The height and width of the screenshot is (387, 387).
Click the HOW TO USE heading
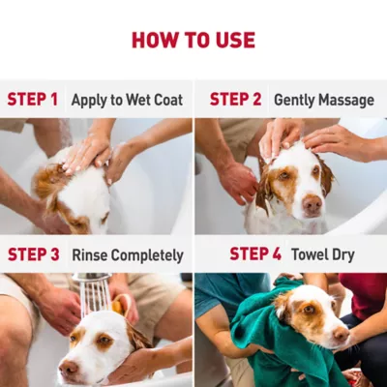click(193, 40)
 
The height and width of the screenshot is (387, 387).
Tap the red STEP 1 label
click(33, 100)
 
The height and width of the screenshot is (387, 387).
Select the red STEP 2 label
click(236, 100)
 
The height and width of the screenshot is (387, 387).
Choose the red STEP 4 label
click(255, 255)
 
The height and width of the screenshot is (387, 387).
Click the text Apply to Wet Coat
click(123, 100)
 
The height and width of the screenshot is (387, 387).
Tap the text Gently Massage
click(323, 100)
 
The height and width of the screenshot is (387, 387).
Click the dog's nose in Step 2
click(312, 205)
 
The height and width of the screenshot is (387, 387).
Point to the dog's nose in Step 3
click(68, 370)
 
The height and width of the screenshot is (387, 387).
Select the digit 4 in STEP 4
click(277, 255)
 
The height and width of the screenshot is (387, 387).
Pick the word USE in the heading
click(232, 40)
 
